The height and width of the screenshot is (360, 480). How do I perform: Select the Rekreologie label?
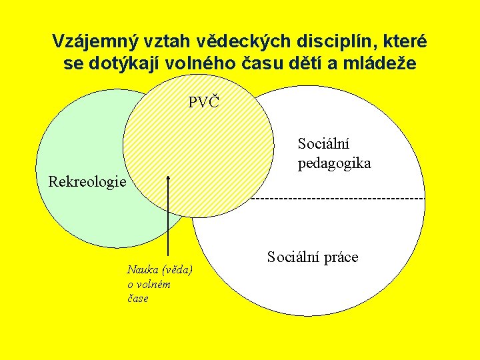[x=87, y=183]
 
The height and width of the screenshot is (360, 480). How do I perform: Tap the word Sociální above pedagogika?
[x=323, y=143]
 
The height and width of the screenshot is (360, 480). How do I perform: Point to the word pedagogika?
[x=334, y=164]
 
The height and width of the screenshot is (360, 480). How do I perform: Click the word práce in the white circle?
[x=341, y=257]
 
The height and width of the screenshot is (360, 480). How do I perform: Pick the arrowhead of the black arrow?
[x=168, y=179]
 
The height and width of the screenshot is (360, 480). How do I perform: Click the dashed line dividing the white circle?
[x=338, y=199]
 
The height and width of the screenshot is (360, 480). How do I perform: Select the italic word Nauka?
[x=143, y=270]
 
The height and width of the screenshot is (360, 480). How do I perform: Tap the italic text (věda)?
[x=177, y=270]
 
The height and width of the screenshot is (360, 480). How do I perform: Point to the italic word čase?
[x=138, y=299]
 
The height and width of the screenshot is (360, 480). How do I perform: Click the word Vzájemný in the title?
[x=96, y=42]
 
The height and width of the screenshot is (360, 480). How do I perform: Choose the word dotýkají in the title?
[x=125, y=63]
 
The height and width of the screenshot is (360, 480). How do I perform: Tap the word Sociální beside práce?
[x=293, y=257]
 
